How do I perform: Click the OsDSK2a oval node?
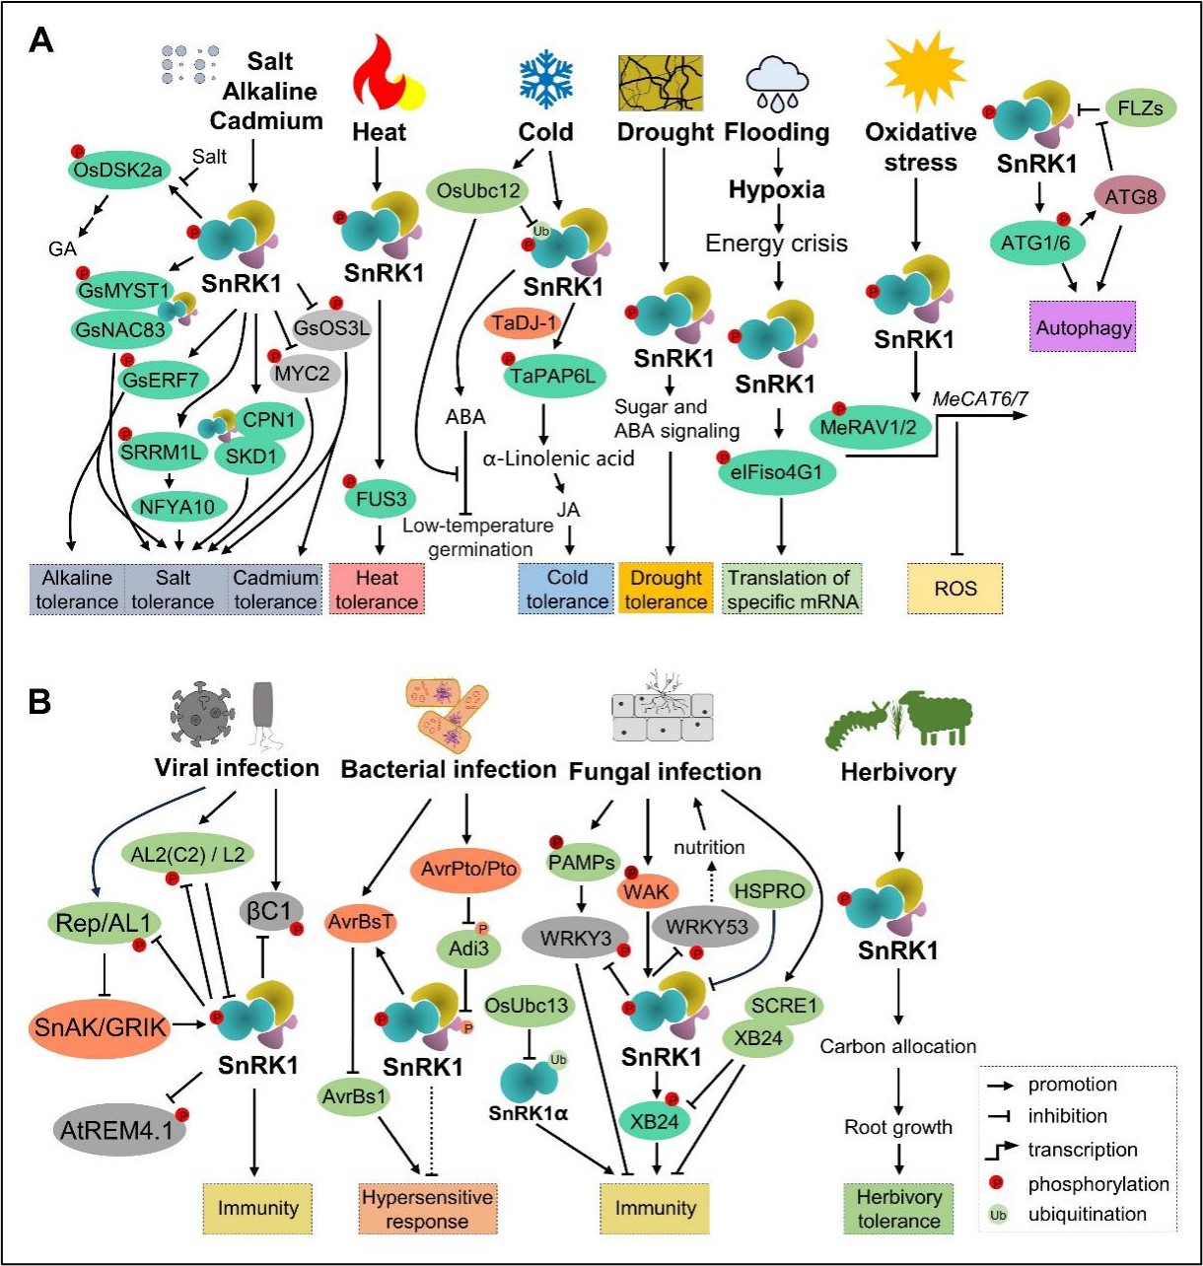[116, 170]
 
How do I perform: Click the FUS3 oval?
[381, 499]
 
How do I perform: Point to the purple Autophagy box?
[1084, 327]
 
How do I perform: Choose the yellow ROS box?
[955, 589]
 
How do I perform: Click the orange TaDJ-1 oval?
[527, 323]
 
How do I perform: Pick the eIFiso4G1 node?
[777, 472]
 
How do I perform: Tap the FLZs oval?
[1141, 108]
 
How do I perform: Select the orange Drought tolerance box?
[666, 589]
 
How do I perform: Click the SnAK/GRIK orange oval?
[102, 1026]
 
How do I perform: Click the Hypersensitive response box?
[427, 1209]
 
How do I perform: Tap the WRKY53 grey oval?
[705, 927]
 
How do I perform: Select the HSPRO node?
[769, 890]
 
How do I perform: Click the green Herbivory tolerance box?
[898, 1209]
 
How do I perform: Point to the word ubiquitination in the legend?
[1087, 1215]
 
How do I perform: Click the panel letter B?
[39, 702]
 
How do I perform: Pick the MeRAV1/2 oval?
[869, 428]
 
